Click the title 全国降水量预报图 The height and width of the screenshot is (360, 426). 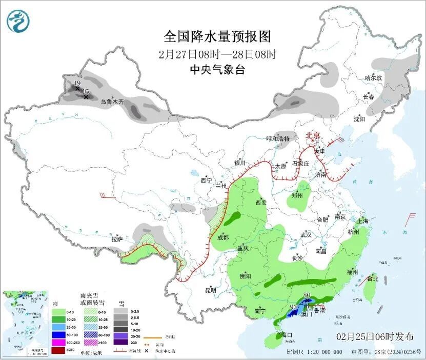[217, 37]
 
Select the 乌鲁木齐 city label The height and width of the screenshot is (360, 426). [112, 102]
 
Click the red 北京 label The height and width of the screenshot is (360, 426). [313, 135]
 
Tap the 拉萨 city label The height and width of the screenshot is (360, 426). [117, 239]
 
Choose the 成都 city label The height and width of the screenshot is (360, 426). [222, 237]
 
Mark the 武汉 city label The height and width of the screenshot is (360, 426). [306, 234]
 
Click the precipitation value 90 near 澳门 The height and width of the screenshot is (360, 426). [294, 307]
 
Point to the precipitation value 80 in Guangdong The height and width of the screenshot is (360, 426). [307, 294]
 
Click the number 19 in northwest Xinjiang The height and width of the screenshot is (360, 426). [77, 83]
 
